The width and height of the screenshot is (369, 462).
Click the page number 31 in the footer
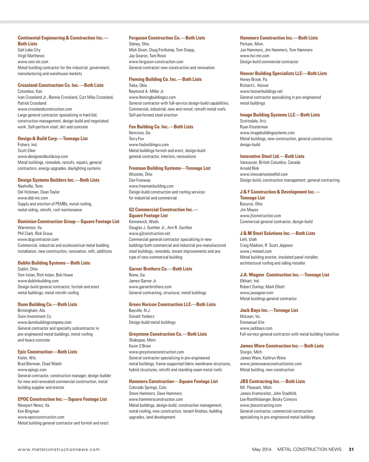pyautogui.click(x=351, y=449)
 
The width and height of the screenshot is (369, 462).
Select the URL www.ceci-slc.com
pyautogui.click(x=33, y=62)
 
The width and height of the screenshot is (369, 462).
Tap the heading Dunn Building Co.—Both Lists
pyautogui.click(x=47, y=304)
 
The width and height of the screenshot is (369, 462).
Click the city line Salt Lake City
pyautogui.click(x=29, y=50)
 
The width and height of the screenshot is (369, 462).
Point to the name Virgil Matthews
pyautogui.click(x=31, y=56)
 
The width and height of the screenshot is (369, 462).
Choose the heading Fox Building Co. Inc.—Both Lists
pyautogui.click(x=161, y=127)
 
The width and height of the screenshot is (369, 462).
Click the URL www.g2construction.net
pyautogui.click(x=149, y=233)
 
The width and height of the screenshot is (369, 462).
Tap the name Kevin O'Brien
pyautogui.click(x=140, y=346)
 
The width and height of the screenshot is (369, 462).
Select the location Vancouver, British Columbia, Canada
pyautogui.click(x=270, y=162)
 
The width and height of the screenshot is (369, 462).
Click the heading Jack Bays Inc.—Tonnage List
pyautogui.click(x=269, y=310)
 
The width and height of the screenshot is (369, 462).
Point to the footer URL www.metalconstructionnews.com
pyautogui.click(x=59, y=449)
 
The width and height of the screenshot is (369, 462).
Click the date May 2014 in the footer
pyautogui.click(x=262, y=449)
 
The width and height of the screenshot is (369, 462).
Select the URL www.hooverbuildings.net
pyautogui.click(x=261, y=91)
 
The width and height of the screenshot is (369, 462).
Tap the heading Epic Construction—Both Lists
pyautogui.click(x=47, y=352)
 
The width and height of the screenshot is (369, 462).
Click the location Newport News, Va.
pyautogui.click(x=34, y=405)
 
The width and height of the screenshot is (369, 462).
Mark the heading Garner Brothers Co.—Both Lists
pyautogui.click(x=160, y=269)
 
